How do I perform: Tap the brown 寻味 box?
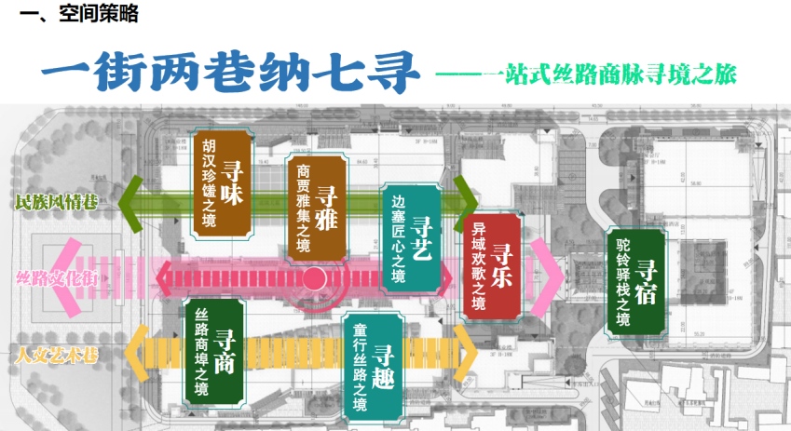coord(224,182)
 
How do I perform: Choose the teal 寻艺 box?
coord(410,238)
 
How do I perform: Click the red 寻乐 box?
coord(491,266)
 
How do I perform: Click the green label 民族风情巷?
coord(57,201)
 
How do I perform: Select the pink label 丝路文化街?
coord(57,276)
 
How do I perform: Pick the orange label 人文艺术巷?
coord(57,354)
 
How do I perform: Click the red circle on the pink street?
coord(314,276)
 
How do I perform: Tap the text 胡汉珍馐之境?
coord(209,182)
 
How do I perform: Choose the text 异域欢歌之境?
coord(479,266)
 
